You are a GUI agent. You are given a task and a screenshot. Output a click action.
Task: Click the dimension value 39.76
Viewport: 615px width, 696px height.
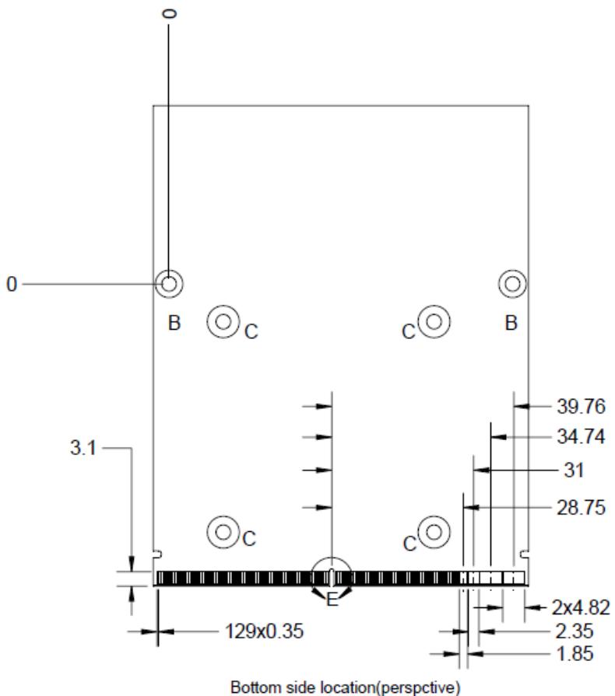tap(581, 406)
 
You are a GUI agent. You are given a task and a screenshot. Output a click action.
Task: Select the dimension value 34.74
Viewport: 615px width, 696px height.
tap(581, 437)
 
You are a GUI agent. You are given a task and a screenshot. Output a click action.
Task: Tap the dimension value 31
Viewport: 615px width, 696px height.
tap(573, 470)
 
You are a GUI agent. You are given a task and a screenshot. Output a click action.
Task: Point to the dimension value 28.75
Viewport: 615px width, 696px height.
tap(581, 507)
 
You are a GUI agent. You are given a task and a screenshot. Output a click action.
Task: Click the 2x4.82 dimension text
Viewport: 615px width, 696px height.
tap(581, 607)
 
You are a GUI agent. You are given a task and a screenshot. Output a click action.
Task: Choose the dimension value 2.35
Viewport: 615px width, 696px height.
tap(574, 631)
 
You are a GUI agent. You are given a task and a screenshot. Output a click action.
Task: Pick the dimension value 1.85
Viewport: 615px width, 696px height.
tap(574, 653)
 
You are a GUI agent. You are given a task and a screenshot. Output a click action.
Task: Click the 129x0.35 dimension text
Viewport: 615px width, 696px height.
tap(265, 631)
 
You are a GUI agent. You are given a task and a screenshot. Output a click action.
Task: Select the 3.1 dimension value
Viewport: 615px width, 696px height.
tap(83, 447)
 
